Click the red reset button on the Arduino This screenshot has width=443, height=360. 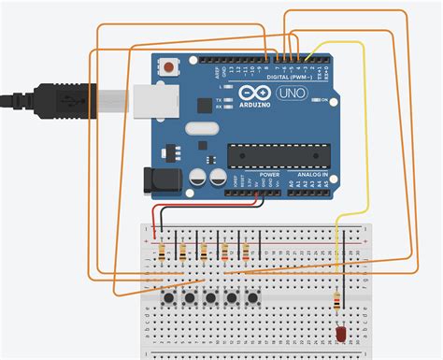tap(170, 67)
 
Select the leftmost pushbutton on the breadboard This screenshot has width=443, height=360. tap(170, 299)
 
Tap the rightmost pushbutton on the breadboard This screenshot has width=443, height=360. tap(252, 299)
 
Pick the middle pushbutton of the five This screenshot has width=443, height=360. tap(211, 299)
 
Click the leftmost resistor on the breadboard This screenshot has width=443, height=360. tap(162, 251)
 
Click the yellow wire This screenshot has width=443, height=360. tap(365, 187)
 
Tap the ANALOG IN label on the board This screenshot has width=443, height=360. tap(306, 174)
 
